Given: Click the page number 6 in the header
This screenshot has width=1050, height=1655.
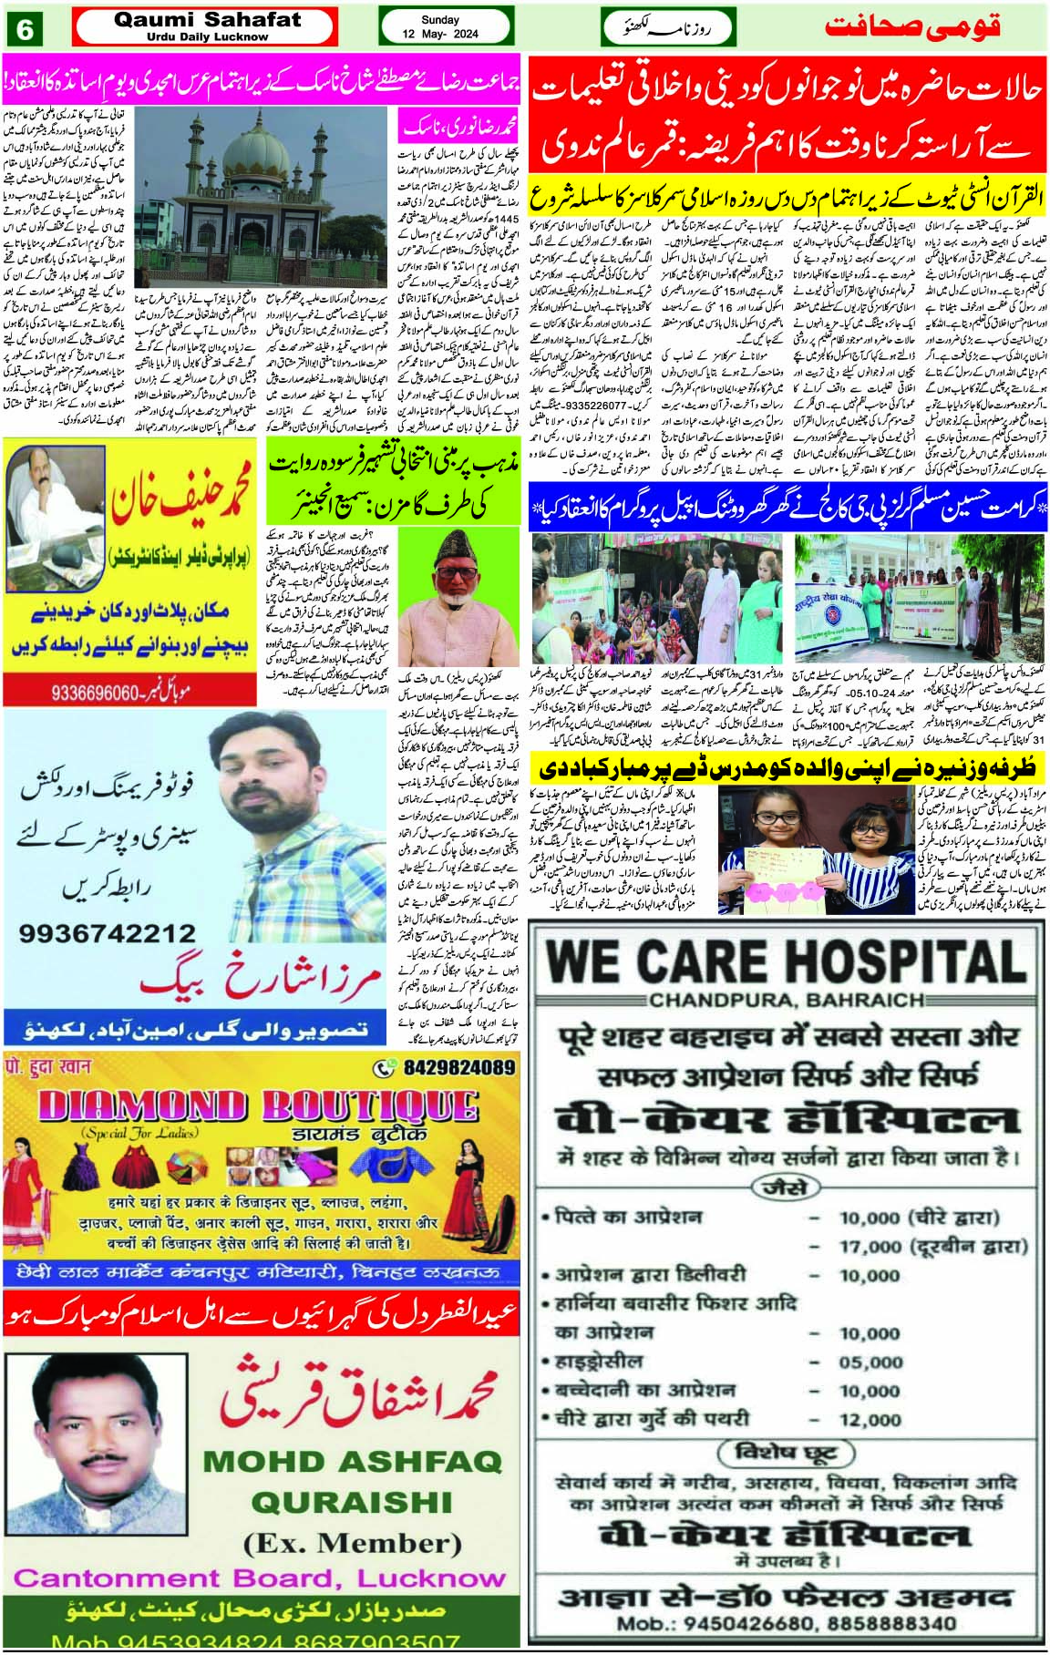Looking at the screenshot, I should point(25,29).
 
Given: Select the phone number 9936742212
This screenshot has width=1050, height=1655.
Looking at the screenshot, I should point(107,933).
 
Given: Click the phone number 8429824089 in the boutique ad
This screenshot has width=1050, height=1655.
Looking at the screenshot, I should point(458,1067).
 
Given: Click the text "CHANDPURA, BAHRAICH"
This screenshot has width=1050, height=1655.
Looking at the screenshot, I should point(787,1000).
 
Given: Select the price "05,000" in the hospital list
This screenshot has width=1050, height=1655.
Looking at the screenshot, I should point(870,1362).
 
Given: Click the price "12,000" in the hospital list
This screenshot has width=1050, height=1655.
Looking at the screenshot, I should point(870,1420).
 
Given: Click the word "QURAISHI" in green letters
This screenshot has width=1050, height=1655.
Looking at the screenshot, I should point(352,1501).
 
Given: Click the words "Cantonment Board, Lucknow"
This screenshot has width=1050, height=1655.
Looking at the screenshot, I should point(259,1578).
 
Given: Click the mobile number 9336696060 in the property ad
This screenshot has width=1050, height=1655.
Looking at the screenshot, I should point(108,693).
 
